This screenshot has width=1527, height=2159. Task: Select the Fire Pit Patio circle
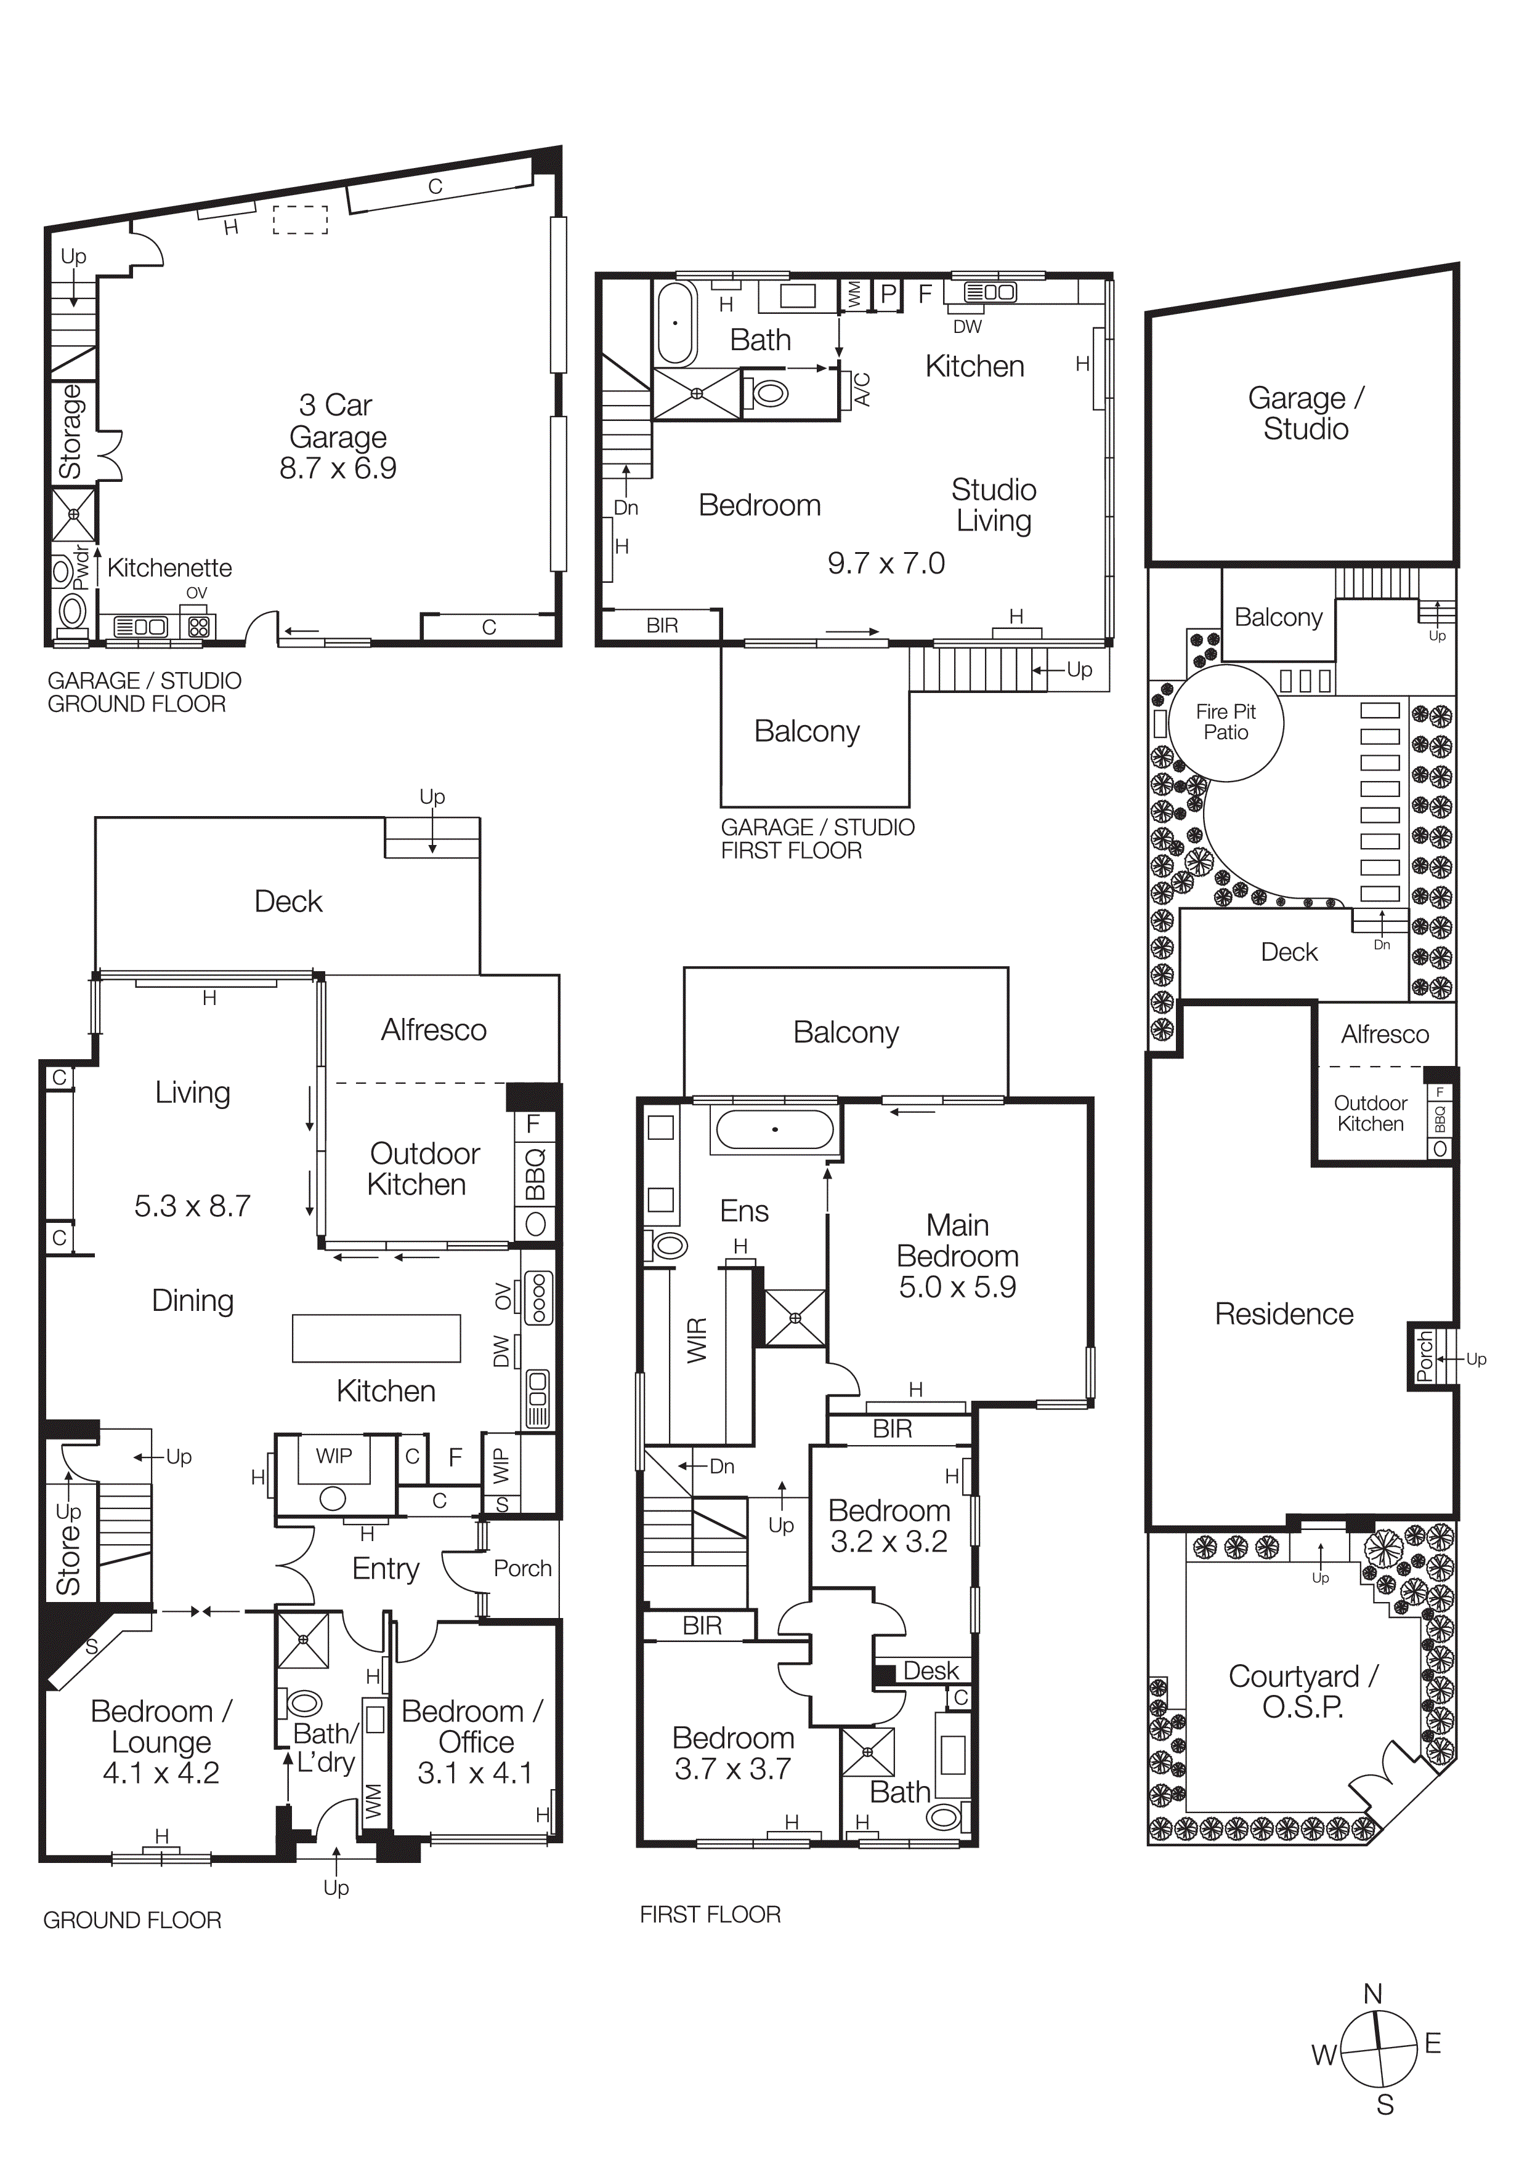[x=1226, y=722]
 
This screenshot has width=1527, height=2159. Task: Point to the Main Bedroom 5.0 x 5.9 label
[x=957, y=1256]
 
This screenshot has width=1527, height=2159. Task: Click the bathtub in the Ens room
[x=774, y=1129]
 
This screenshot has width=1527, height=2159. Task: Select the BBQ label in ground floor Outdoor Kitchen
[x=535, y=1174]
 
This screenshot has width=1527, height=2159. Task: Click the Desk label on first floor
[x=931, y=1671]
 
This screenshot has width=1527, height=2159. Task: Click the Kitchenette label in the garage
[x=169, y=568]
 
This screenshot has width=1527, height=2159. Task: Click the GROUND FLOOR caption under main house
[x=132, y=1920]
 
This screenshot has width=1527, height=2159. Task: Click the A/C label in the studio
[x=862, y=390]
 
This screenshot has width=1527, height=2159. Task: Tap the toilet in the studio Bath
[x=769, y=392]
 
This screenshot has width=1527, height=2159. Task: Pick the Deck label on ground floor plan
[x=288, y=902]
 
